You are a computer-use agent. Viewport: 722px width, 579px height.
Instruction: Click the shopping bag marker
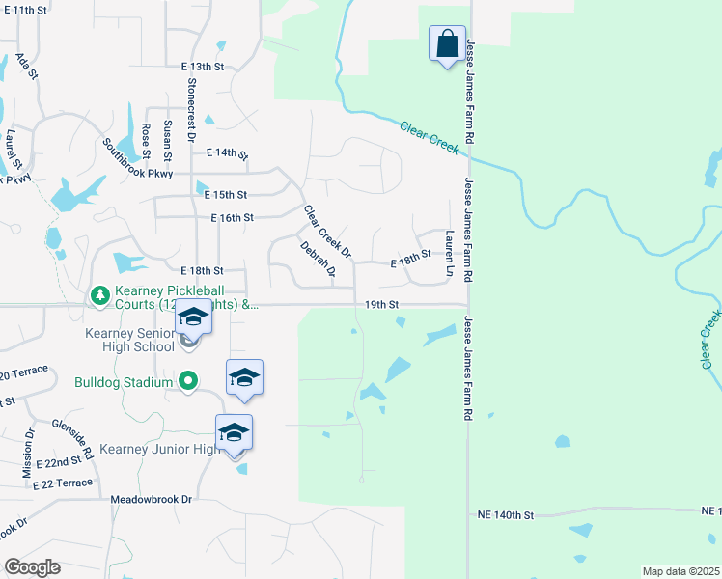pyautogui.click(x=447, y=44)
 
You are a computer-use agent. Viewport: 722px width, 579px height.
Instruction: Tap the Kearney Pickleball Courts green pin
pyautogui.click(x=98, y=294)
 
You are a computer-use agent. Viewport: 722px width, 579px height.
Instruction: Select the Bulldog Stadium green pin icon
pyautogui.click(x=188, y=381)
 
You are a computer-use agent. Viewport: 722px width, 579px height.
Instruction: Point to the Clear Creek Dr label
pyautogui.click(x=326, y=232)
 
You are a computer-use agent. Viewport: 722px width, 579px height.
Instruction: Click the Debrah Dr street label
pyautogui.click(x=317, y=259)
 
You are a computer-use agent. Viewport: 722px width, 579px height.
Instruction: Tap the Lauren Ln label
pyautogui.click(x=450, y=253)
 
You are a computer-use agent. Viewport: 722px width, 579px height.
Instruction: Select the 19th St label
pyautogui.click(x=382, y=304)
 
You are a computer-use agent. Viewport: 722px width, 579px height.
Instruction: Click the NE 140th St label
pyautogui.click(x=506, y=516)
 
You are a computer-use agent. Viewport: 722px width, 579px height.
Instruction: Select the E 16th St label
pyautogui.click(x=232, y=218)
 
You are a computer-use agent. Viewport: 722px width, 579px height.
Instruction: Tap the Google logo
pyautogui.click(x=32, y=567)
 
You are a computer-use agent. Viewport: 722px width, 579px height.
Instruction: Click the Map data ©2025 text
pyautogui.click(x=680, y=571)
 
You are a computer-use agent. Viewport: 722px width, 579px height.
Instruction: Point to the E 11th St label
pyautogui.click(x=25, y=9)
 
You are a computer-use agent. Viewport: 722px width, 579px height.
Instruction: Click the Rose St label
pyautogui.click(x=147, y=141)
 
